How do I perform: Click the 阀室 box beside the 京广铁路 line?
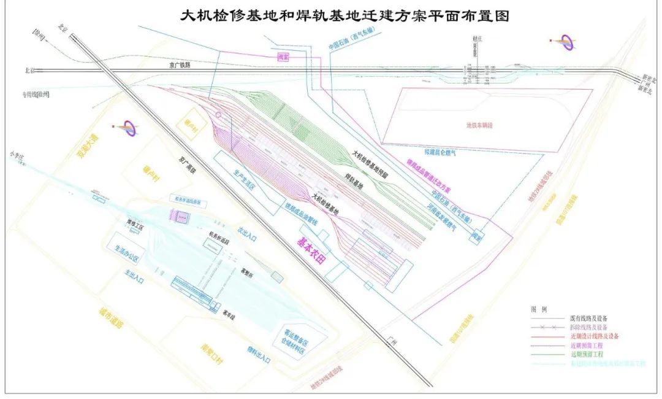point(283,56)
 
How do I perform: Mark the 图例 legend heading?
point(538,309)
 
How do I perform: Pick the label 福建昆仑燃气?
point(432,151)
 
